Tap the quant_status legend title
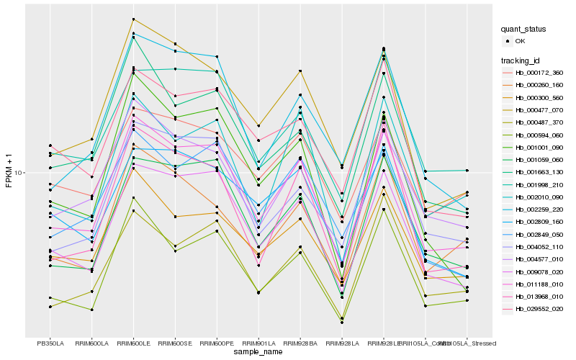(523, 30)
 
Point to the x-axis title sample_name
(258, 352)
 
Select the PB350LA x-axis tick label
(50, 343)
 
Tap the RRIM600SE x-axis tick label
(175, 343)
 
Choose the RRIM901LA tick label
(258, 343)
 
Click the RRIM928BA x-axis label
(300, 343)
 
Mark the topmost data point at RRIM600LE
(133, 19)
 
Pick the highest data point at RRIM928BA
(300, 71)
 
